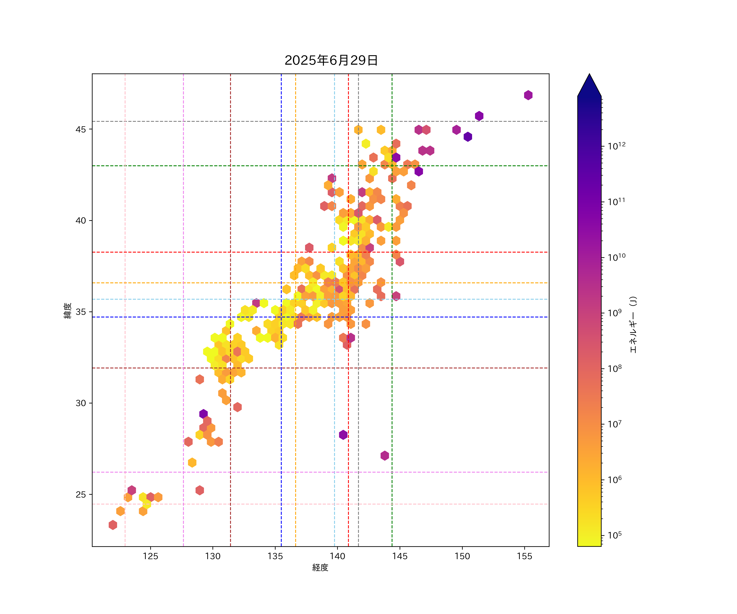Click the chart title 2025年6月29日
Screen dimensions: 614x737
pos(331,60)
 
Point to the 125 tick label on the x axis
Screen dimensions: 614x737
pos(150,556)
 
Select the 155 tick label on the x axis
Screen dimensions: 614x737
pos(524,556)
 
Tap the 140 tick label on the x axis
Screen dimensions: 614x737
pos(337,556)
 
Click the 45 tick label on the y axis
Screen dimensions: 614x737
pos(81,130)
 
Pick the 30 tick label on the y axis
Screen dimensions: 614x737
pos(81,403)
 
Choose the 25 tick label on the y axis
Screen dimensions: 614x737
pos(81,495)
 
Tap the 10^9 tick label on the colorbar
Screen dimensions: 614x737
pos(615,313)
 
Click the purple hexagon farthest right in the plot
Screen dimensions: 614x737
pos(528,95)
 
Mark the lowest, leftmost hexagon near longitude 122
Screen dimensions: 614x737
pos(113,525)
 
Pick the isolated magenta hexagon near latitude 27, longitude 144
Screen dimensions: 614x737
pos(385,456)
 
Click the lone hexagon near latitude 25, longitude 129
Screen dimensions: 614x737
pos(200,490)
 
